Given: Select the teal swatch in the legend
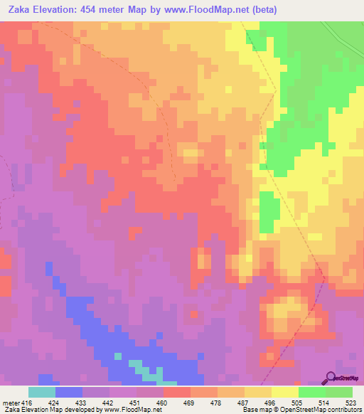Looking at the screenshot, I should click(42, 391).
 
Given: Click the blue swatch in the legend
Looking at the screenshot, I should click(69, 391).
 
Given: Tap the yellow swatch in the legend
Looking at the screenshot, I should click(285, 391).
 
